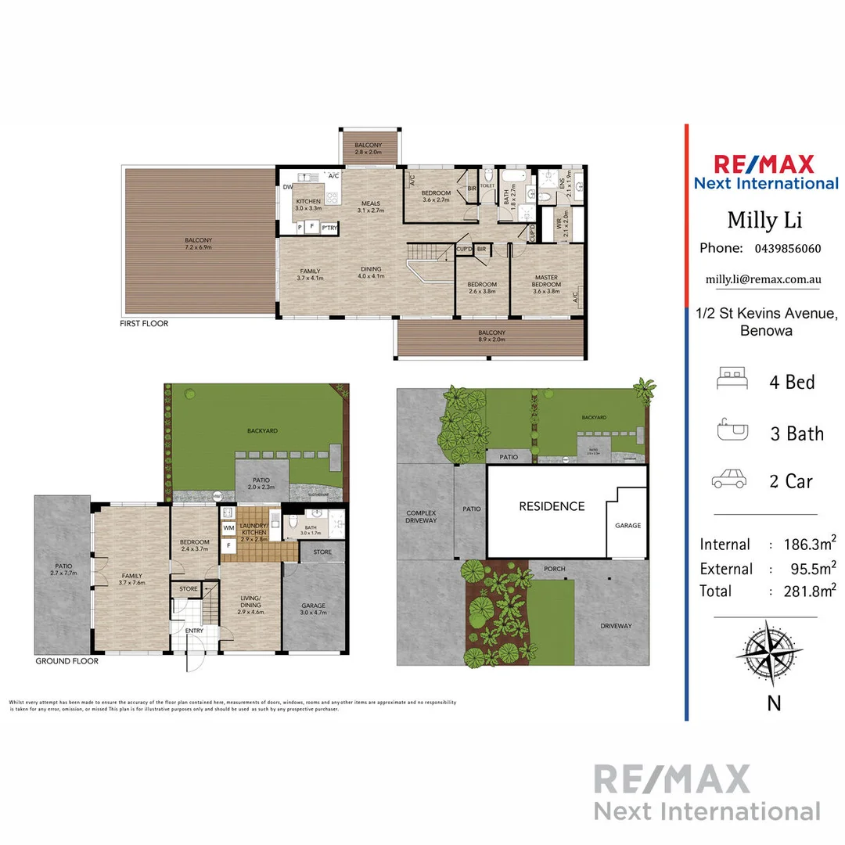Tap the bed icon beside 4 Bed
[x=733, y=381]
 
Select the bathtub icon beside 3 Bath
[x=733, y=431]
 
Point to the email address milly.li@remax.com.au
[x=763, y=279]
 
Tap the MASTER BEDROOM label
[x=546, y=281]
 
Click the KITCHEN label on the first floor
[x=307, y=202]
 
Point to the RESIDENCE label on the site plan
[x=552, y=506]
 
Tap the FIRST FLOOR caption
[x=144, y=323]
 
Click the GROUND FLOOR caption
[x=67, y=661]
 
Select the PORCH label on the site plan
[x=554, y=569]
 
